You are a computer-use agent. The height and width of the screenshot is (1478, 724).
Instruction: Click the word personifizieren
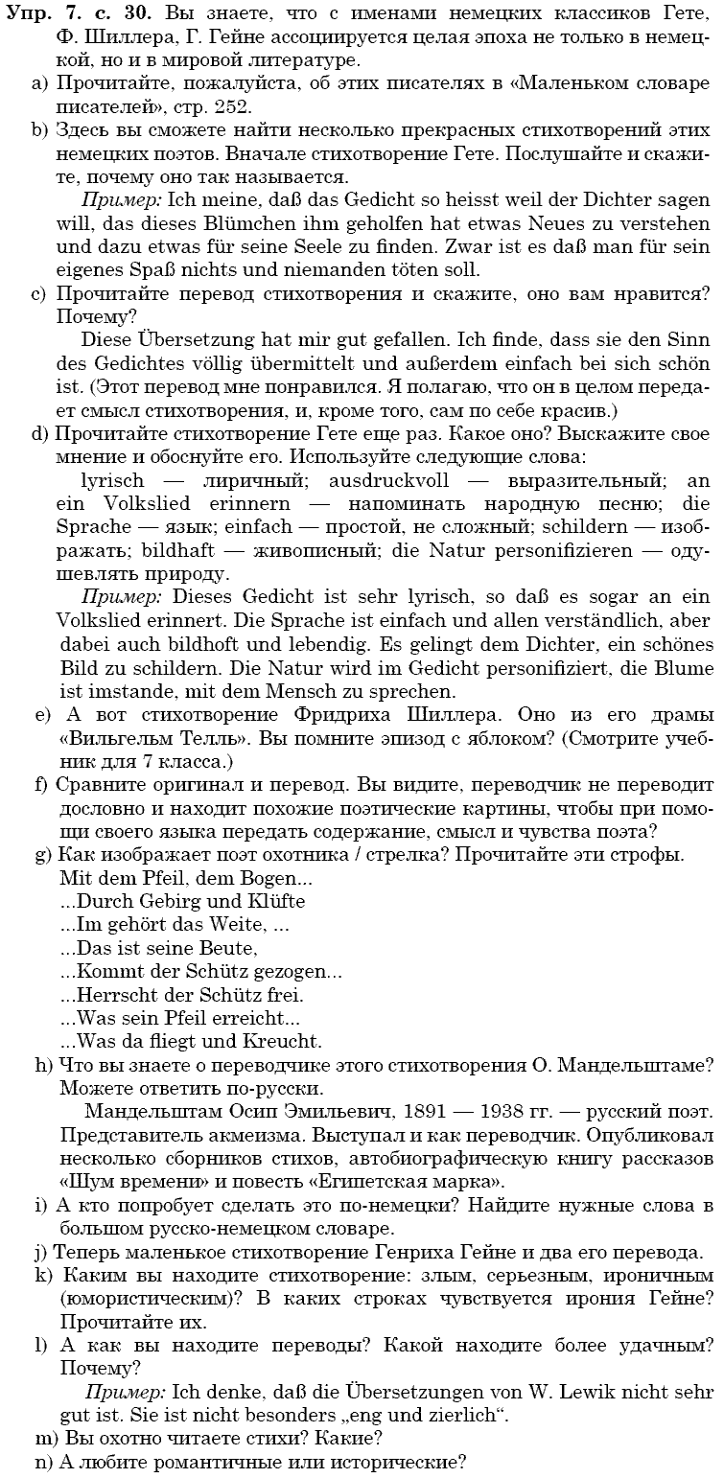click(550, 550)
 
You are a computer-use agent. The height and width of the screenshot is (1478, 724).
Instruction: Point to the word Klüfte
click(273, 902)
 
